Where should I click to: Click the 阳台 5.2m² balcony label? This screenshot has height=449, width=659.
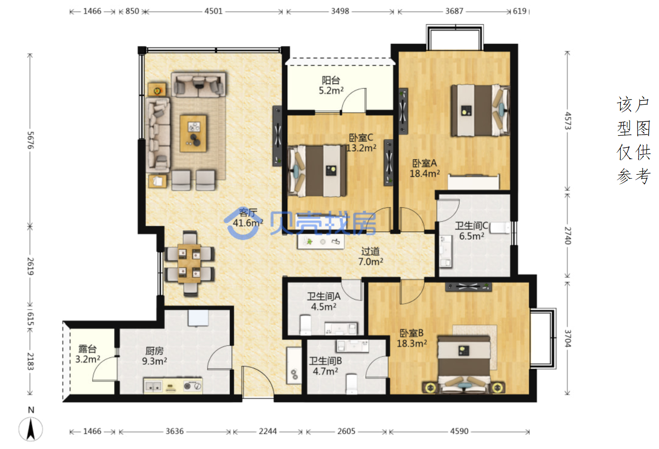coord(331,85)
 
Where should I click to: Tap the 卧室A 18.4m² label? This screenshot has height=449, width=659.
coord(424,168)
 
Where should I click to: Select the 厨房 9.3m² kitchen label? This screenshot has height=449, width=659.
coord(154,356)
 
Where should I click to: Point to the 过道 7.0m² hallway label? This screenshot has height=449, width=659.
coord(371,256)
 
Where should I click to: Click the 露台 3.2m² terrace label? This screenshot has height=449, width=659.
coord(88,354)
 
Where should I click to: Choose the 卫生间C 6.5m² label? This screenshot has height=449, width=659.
coord(471,231)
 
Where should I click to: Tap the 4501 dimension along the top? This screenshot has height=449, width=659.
coord(213,11)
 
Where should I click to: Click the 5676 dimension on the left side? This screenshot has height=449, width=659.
coord(30,140)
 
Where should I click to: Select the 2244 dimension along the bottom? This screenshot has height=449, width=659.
coord(268,431)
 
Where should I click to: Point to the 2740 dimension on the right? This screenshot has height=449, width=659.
coord(568,236)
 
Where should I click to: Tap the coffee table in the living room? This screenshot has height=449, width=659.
coord(193,133)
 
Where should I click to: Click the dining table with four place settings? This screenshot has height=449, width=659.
coord(189,263)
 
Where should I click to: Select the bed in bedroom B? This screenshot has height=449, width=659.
coord(464,364)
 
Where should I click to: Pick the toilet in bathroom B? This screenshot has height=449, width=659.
coord(352,384)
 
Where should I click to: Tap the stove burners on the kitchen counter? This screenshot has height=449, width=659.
coord(193,385)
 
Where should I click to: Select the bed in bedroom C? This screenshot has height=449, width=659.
coord(317,171)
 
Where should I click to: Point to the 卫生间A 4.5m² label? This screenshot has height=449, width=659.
coord(324,302)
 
